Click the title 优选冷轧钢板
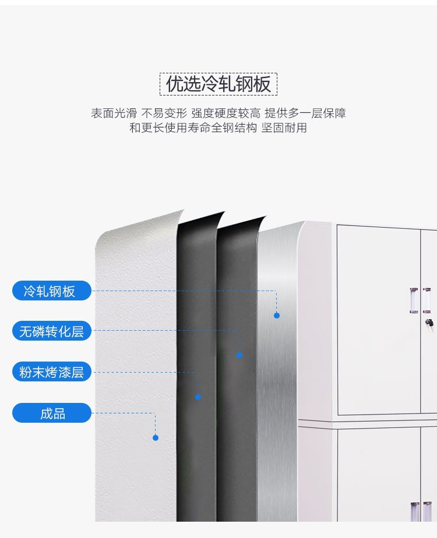[x=218, y=84]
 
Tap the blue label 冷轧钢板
[x=52, y=291]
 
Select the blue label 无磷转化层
[x=52, y=331]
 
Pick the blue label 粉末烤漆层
[x=52, y=371]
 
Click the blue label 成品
[x=52, y=413]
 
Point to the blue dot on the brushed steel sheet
[x=277, y=316]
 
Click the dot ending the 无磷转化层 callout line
[x=239, y=355]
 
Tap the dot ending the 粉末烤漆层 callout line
[x=198, y=397]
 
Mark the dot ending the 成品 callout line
[x=156, y=437]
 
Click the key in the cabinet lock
[x=429, y=324]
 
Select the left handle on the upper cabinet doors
[x=414, y=300]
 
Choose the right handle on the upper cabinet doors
[x=427, y=300]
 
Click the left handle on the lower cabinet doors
[x=415, y=512]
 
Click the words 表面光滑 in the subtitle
[x=114, y=113]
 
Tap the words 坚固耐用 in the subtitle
[x=284, y=128]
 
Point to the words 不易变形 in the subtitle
[x=164, y=113]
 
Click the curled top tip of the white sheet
[x=184, y=210]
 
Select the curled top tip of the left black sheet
[x=224, y=213]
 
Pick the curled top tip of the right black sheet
[x=266, y=217]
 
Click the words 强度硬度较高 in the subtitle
[x=225, y=113]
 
